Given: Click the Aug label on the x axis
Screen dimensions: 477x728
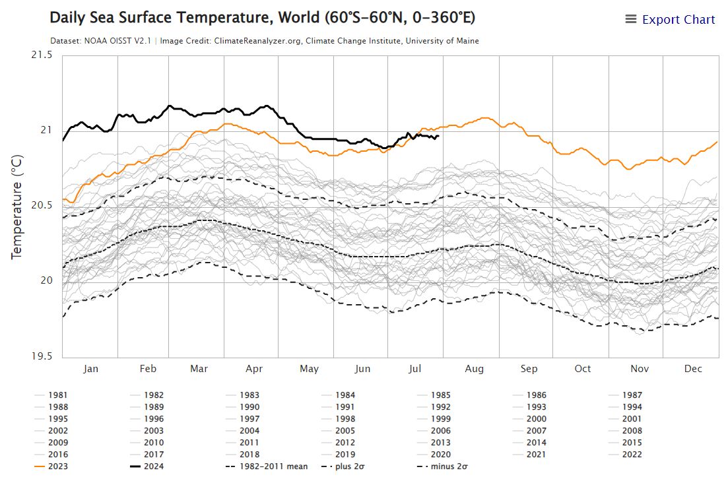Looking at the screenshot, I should [x=474, y=369].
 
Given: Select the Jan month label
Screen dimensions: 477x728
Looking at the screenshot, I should [x=90, y=369].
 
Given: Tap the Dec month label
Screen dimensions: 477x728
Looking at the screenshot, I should [x=693, y=369].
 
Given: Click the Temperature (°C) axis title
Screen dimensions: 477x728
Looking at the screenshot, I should [x=17, y=206].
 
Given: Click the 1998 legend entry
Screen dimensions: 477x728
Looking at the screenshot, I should [x=345, y=419].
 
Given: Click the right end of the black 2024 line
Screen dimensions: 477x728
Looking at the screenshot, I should [x=438, y=136].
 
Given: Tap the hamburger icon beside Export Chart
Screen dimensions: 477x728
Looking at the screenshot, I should [x=631, y=20].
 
